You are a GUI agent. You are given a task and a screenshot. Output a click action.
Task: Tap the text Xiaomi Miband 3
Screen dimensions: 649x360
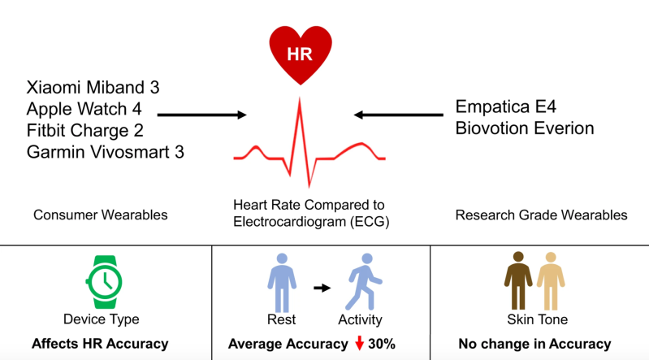click(93, 88)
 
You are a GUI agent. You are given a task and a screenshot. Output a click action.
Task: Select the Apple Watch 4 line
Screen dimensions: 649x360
click(84, 109)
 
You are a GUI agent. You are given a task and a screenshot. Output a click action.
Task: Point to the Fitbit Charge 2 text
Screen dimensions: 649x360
click(84, 131)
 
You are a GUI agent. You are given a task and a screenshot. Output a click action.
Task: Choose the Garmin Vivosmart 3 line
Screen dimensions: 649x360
click(105, 152)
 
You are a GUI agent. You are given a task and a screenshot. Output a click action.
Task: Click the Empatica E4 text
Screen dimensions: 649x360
click(505, 107)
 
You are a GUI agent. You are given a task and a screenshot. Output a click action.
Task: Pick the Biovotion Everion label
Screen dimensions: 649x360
click(525, 128)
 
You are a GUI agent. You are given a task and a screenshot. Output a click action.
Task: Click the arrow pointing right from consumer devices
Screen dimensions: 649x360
click(202, 115)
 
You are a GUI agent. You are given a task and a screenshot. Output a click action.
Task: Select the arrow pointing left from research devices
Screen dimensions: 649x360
click(399, 115)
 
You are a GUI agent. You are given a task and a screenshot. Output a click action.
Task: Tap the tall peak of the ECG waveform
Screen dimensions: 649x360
click(300, 98)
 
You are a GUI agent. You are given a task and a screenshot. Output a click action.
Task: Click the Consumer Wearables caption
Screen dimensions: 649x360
click(101, 215)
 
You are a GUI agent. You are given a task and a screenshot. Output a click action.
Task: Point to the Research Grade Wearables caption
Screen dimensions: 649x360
click(542, 215)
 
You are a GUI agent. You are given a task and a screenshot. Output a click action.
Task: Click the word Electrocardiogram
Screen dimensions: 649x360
click(289, 222)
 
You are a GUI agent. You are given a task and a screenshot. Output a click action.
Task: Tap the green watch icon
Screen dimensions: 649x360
click(104, 282)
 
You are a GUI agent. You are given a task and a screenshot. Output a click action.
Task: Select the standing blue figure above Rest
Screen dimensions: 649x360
click(282, 283)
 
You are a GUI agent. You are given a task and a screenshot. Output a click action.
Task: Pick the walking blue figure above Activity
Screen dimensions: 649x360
click(364, 282)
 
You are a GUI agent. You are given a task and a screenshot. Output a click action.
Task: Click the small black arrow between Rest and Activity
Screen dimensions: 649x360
click(322, 288)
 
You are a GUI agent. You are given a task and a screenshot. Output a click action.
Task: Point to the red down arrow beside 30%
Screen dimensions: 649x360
click(359, 343)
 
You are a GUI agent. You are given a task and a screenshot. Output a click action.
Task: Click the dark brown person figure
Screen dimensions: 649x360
click(518, 281)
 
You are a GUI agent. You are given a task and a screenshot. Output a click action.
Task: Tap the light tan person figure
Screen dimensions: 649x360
click(551, 281)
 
